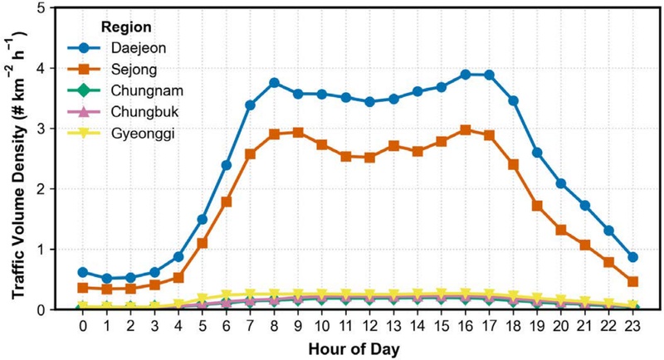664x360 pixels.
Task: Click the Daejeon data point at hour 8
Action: point(274,83)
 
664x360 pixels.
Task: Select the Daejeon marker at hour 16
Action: point(465,75)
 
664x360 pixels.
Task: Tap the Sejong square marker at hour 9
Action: point(298,133)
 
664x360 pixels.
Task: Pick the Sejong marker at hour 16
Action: point(465,130)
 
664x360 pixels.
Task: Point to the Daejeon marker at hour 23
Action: point(632,257)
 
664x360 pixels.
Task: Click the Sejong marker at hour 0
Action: point(83,288)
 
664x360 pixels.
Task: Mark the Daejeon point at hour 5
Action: point(202,219)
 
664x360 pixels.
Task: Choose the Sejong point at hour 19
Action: point(537,206)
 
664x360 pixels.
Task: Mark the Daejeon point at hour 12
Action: point(369,102)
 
